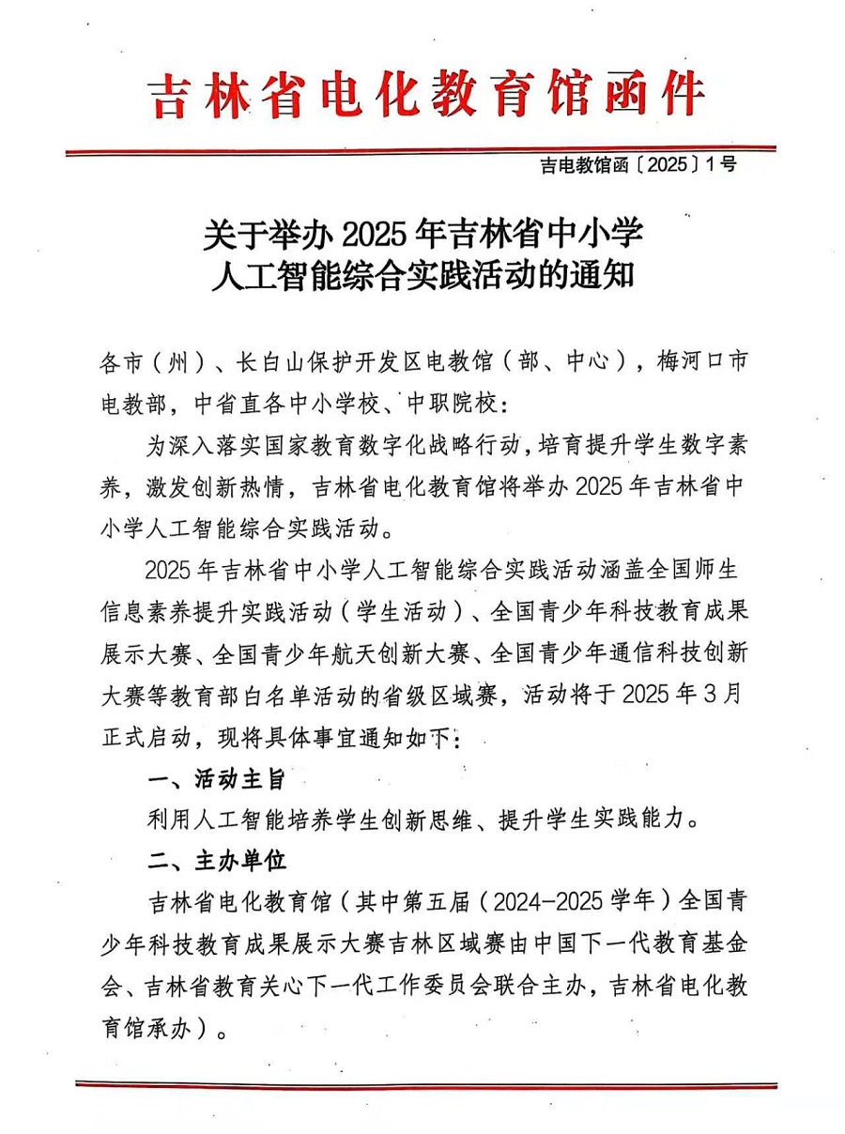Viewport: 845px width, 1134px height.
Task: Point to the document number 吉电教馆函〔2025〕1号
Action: [x=638, y=165]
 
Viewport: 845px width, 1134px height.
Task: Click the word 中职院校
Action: [x=454, y=405]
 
